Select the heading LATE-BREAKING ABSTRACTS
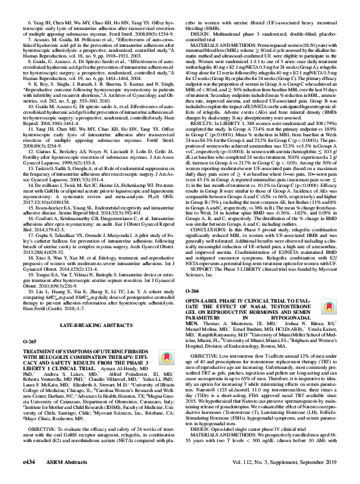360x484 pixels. (90, 326)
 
